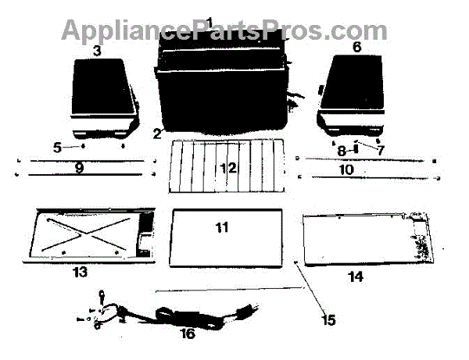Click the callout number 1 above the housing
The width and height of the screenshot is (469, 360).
[209, 20]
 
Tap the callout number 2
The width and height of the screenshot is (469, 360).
[158, 132]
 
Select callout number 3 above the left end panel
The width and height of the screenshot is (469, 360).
[97, 52]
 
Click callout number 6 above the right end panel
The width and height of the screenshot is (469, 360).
[356, 48]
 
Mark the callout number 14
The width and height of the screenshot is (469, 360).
[356, 275]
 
